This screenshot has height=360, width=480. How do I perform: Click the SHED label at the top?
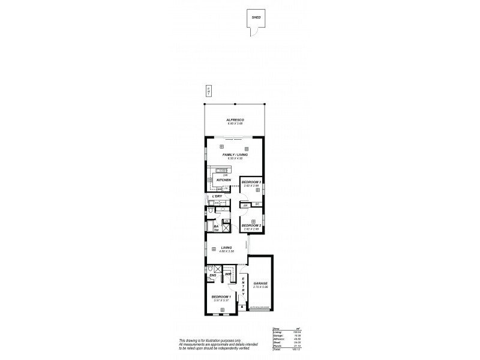click(x=256, y=17)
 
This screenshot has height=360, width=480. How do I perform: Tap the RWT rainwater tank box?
click(x=208, y=91)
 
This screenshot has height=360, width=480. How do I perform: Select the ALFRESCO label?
click(x=235, y=120)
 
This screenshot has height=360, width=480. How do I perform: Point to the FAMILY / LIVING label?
click(x=235, y=155)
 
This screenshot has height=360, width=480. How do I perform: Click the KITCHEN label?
click(x=224, y=180)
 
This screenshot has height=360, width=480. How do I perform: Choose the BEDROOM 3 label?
click(x=251, y=181)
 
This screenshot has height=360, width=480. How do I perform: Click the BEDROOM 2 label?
click(x=251, y=226)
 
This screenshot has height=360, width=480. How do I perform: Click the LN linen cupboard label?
click(x=226, y=222)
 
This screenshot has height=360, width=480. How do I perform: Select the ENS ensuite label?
click(x=212, y=275)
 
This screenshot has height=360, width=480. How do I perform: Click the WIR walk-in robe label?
click(x=229, y=275)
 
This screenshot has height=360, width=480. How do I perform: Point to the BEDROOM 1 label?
click(x=221, y=296)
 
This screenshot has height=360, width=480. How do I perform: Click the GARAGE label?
click(x=260, y=283)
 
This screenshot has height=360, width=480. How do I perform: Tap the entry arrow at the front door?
click(x=242, y=307)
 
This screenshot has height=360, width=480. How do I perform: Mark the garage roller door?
click(x=260, y=311)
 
